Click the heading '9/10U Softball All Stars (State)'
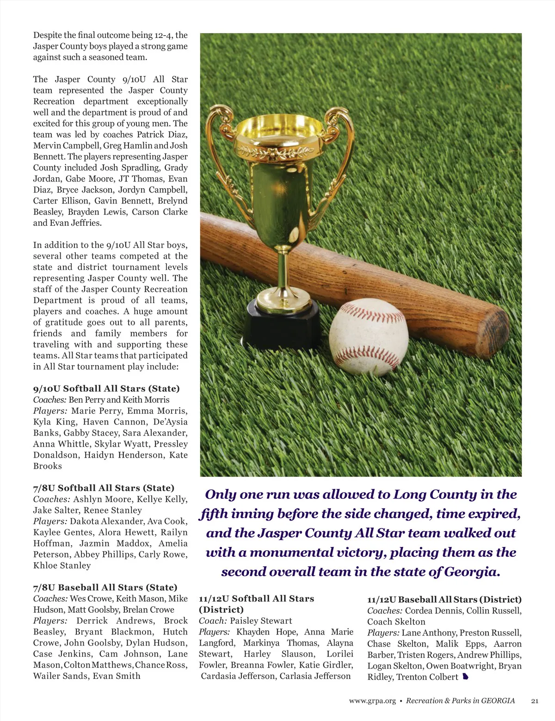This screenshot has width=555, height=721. (106, 389)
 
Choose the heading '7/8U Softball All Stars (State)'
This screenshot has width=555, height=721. (104, 488)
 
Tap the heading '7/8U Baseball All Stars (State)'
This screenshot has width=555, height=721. (105, 588)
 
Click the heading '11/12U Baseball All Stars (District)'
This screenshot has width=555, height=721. (444, 600)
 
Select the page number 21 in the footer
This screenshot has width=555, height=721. (535, 701)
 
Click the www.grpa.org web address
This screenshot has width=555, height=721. (372, 701)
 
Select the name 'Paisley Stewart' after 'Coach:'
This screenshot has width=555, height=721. (261, 621)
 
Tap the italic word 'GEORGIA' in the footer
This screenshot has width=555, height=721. (498, 701)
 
